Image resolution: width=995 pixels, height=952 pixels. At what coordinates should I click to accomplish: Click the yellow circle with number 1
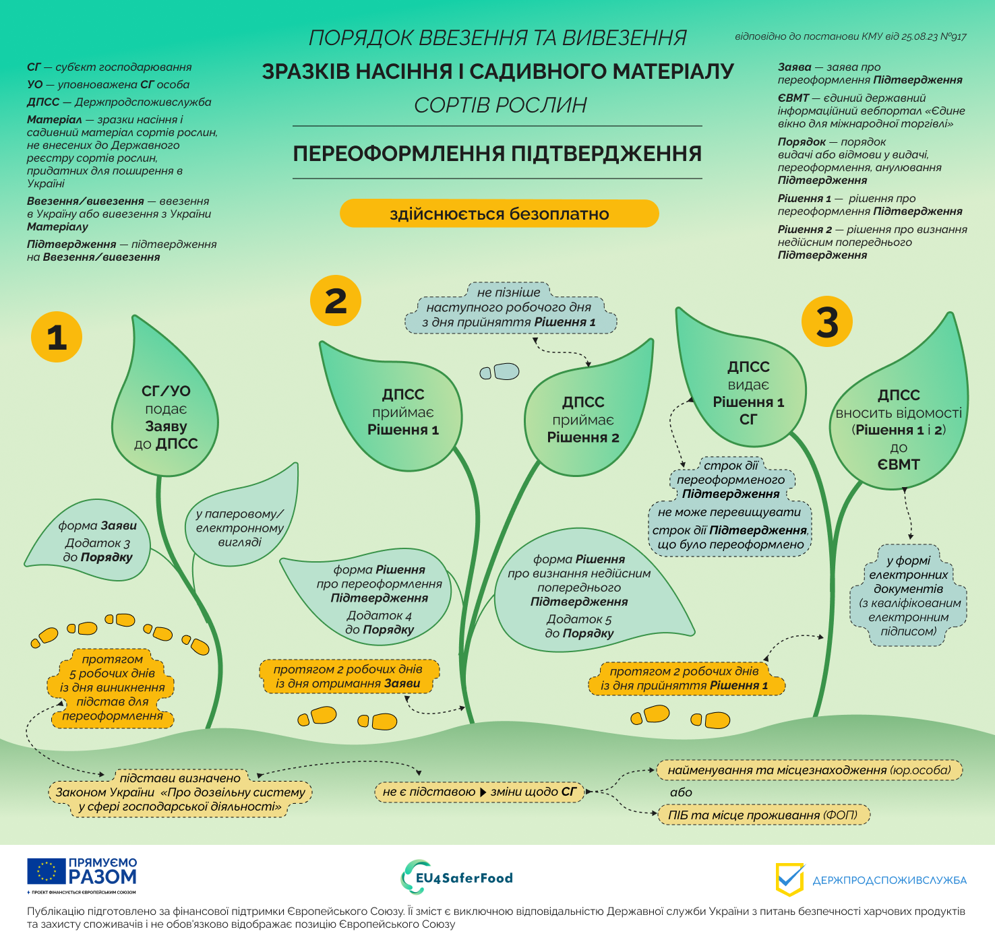[x=57, y=337]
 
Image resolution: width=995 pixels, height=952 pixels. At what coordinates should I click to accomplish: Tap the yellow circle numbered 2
[x=336, y=300]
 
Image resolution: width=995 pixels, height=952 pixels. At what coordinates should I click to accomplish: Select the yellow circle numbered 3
[x=827, y=322]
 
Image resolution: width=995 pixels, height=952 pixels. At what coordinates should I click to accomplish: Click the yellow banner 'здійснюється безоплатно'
[x=499, y=214]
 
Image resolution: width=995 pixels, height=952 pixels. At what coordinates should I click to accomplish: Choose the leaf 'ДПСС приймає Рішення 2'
[x=583, y=419]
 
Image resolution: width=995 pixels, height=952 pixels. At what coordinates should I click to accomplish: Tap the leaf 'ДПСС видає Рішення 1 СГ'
[x=748, y=393]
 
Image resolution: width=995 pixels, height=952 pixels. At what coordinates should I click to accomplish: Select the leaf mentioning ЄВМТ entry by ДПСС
[x=899, y=429]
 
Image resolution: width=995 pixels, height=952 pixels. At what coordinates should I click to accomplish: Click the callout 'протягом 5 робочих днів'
[x=112, y=687]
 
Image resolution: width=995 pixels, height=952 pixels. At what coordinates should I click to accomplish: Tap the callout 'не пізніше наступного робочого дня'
[x=510, y=308]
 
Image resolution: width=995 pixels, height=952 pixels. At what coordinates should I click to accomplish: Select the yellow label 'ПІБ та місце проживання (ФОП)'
[x=763, y=815]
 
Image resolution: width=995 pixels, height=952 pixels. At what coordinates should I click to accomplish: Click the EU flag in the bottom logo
[x=47, y=871]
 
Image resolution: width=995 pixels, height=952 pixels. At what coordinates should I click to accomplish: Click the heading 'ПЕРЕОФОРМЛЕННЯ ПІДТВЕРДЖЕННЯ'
[x=497, y=154]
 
